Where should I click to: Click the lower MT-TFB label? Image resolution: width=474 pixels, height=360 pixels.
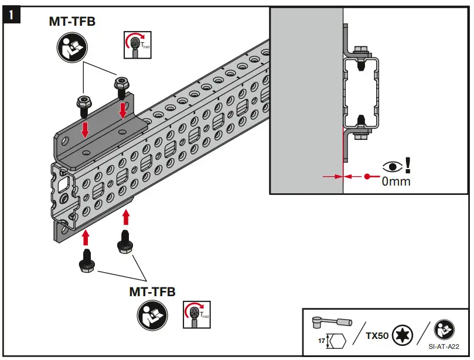point(152,291)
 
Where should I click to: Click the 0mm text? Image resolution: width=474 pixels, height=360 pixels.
point(396,182)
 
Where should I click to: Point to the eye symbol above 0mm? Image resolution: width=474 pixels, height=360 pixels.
point(391,166)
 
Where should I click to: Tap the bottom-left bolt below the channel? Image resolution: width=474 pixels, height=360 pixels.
point(87,263)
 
